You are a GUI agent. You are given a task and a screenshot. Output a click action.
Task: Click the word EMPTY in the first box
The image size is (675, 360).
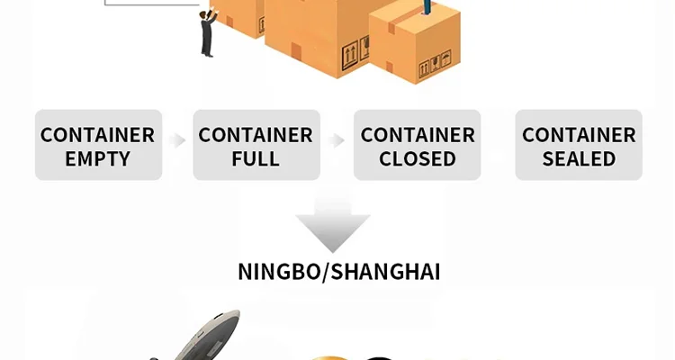pos(97,159)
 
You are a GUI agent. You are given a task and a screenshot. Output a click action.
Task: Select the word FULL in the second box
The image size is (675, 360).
pos(256,159)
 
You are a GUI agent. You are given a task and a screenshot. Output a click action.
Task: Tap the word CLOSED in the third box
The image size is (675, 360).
pos(417,159)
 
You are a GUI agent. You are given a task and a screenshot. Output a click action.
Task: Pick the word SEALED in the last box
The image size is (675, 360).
pos(579,159)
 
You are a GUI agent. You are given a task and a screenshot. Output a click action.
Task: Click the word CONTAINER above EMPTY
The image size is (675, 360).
pos(97,135)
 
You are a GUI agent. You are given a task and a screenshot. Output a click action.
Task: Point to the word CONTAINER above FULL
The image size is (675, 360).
pos(256,135)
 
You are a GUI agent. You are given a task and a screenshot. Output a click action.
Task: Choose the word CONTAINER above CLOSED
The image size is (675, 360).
pos(417,135)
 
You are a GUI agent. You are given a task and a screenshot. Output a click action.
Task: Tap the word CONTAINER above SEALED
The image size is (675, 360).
pos(579,135)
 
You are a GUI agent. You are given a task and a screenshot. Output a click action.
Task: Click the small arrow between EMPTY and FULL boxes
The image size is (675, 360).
pos(177,140)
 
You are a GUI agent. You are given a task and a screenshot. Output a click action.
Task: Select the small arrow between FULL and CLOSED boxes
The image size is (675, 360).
pos(337,140)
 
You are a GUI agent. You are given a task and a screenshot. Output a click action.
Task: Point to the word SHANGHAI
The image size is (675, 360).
pos(386,272)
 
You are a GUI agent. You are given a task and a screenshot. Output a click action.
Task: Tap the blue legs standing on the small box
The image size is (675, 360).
pos(426,6)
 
